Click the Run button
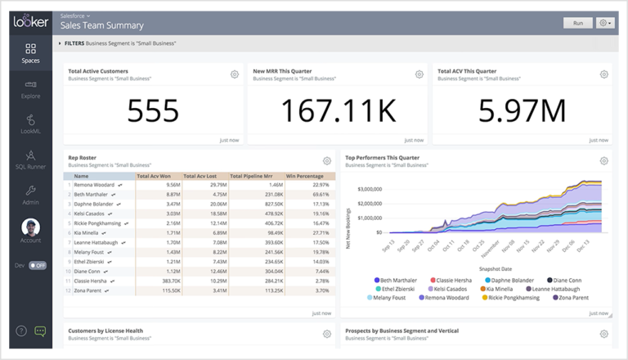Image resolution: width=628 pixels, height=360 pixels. click(x=577, y=23)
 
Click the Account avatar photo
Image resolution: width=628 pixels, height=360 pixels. click(x=30, y=227)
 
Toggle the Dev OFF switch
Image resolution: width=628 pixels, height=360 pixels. click(x=38, y=266)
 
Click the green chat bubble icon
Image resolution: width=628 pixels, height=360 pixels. click(x=40, y=331)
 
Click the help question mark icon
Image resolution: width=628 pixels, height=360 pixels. click(x=21, y=331)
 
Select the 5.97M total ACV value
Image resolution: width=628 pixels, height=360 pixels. click(x=521, y=110)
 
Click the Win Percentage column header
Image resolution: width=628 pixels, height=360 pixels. click(x=307, y=175)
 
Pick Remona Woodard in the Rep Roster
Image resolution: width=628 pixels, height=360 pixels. click(x=95, y=185)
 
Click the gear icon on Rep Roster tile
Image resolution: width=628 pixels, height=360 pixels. click(x=327, y=160)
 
